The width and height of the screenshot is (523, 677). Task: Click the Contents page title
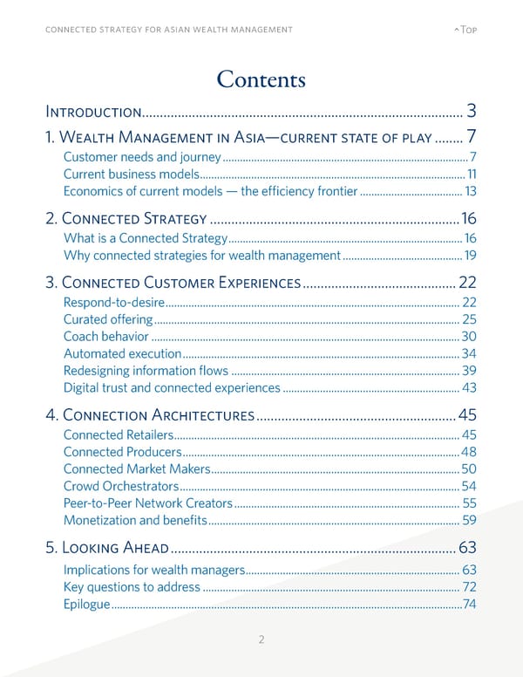tap(261, 79)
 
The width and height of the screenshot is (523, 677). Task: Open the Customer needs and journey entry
tap(143, 157)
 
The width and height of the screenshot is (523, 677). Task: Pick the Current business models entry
tap(131, 174)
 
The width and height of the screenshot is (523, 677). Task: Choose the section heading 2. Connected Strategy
tap(126, 219)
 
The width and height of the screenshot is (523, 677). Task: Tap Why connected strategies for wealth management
tap(201, 256)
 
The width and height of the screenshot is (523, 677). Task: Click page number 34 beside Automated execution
tap(468, 353)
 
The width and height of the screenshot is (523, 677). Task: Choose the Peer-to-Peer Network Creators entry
tap(148, 503)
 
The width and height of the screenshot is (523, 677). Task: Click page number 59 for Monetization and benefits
tap(468, 521)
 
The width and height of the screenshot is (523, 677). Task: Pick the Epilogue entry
tap(87, 605)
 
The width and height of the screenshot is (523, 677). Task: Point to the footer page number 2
tap(261, 639)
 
